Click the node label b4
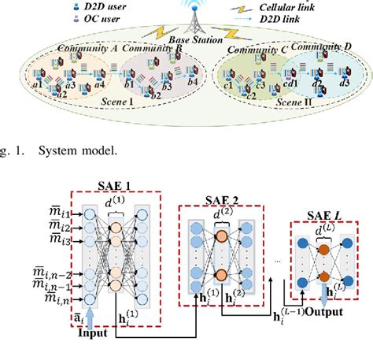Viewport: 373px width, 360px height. [194, 82]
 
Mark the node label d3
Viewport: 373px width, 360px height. [343, 82]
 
